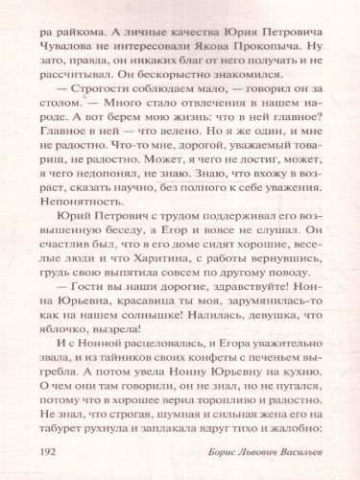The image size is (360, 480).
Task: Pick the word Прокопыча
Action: click(268, 43)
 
